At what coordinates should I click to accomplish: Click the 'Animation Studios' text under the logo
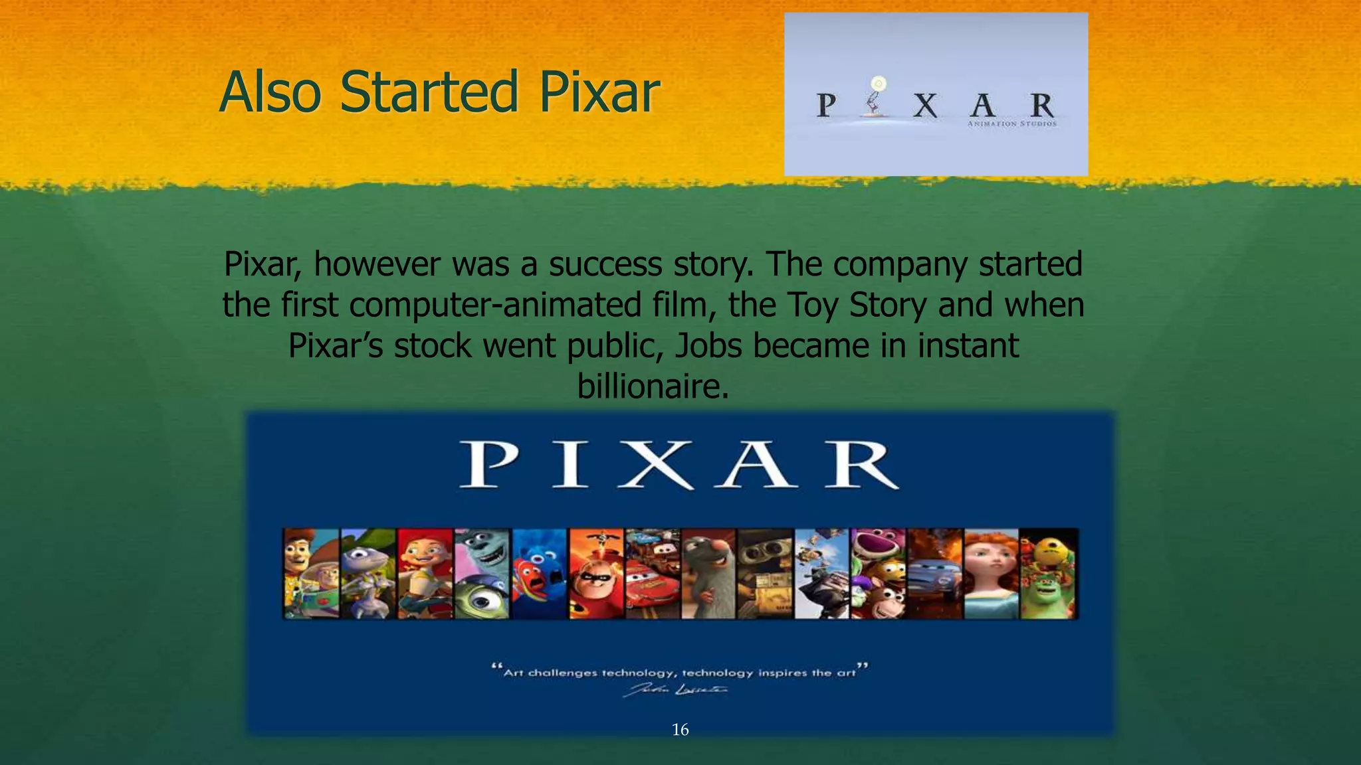[1011, 124]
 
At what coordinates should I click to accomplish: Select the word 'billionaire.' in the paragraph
[653, 386]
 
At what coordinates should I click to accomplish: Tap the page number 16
[680, 730]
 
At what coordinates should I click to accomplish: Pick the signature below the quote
[675, 691]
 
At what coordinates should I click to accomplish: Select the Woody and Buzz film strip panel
[311, 574]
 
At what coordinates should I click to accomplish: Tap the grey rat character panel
[708, 574]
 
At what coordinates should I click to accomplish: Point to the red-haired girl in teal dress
[991, 574]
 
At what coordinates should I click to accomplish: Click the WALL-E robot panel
[766, 574]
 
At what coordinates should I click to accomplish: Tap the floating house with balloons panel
[821, 574]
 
